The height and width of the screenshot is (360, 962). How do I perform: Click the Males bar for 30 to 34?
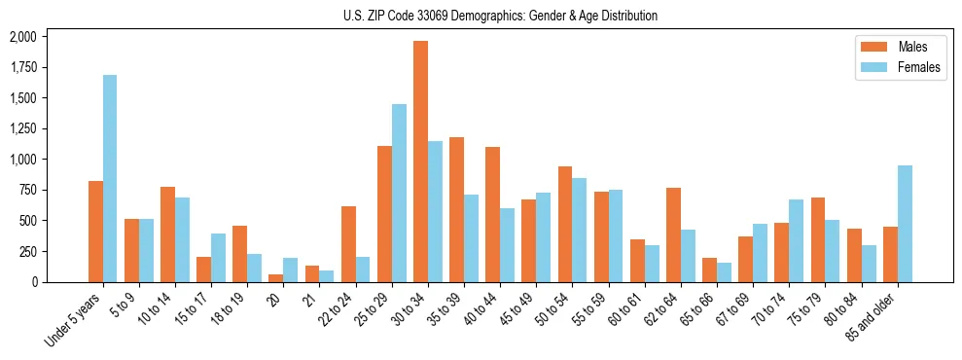420,162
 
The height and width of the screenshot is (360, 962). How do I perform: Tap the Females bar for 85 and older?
905,224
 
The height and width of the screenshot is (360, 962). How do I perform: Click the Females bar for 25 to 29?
399,193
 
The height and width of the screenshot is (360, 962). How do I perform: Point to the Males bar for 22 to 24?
348,244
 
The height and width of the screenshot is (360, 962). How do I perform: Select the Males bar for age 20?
276,277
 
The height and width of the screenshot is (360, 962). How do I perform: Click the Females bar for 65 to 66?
725,272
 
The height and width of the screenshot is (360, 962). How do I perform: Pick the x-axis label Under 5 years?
74,319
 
